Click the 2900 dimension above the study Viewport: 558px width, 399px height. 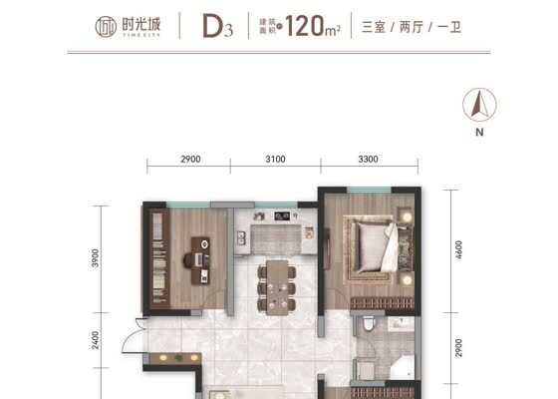point(190,159)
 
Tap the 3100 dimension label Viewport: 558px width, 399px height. point(275,159)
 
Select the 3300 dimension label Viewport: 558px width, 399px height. point(368,159)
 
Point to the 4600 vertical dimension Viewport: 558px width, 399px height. point(458,250)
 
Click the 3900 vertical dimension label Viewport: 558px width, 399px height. point(95,258)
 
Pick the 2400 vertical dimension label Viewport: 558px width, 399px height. point(95,340)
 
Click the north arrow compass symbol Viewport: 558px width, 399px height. point(479,105)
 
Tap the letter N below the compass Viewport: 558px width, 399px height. point(479,132)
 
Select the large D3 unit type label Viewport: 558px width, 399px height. point(218,26)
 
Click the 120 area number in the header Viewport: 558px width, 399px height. point(305,26)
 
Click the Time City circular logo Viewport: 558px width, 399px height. point(106,27)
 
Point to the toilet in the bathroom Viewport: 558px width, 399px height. point(369,324)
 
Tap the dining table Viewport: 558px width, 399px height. point(277,287)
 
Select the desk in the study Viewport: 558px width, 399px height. point(200,261)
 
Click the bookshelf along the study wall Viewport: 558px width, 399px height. point(159,258)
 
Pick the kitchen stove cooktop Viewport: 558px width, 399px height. point(282,215)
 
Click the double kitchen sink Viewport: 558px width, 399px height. point(241,238)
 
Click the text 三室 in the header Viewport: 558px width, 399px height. point(374,27)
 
